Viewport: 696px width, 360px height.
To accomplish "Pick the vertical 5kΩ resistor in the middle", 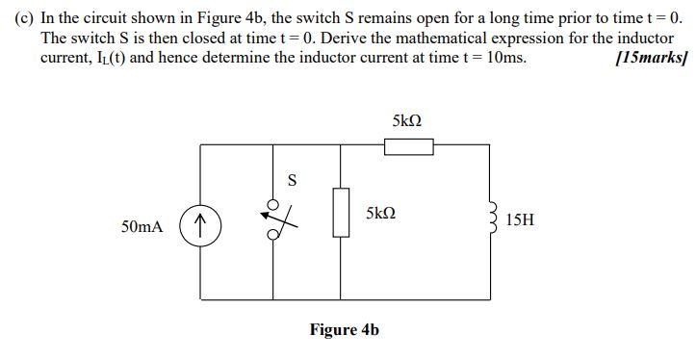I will point(341,212).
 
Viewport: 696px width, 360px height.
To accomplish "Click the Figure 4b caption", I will point(344,330).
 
